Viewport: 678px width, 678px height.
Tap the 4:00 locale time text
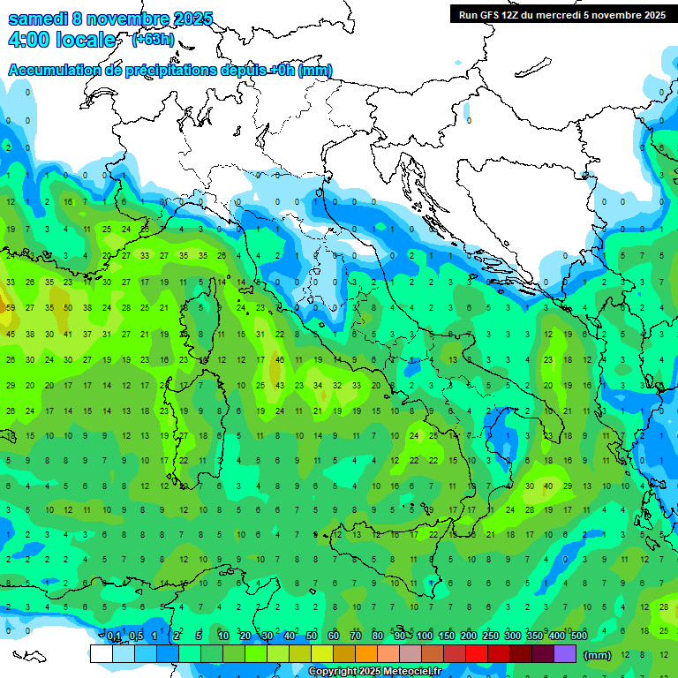tap(61, 41)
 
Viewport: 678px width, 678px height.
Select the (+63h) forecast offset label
tap(153, 40)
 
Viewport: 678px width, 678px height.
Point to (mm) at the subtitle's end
tap(315, 71)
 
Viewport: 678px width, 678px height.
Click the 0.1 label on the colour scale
tap(114, 636)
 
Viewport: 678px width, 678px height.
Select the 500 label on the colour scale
tap(578, 636)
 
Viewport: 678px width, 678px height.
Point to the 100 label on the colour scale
tap(425, 636)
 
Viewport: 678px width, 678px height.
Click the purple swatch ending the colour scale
tap(565, 654)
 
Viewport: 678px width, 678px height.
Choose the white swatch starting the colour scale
tap(102, 654)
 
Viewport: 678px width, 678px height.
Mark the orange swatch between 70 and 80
tap(366, 654)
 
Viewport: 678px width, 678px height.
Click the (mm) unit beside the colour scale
tap(598, 655)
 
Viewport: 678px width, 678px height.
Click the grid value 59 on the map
tap(11, 308)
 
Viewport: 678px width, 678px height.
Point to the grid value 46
tap(279, 360)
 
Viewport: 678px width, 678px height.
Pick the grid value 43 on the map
tap(279, 386)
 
